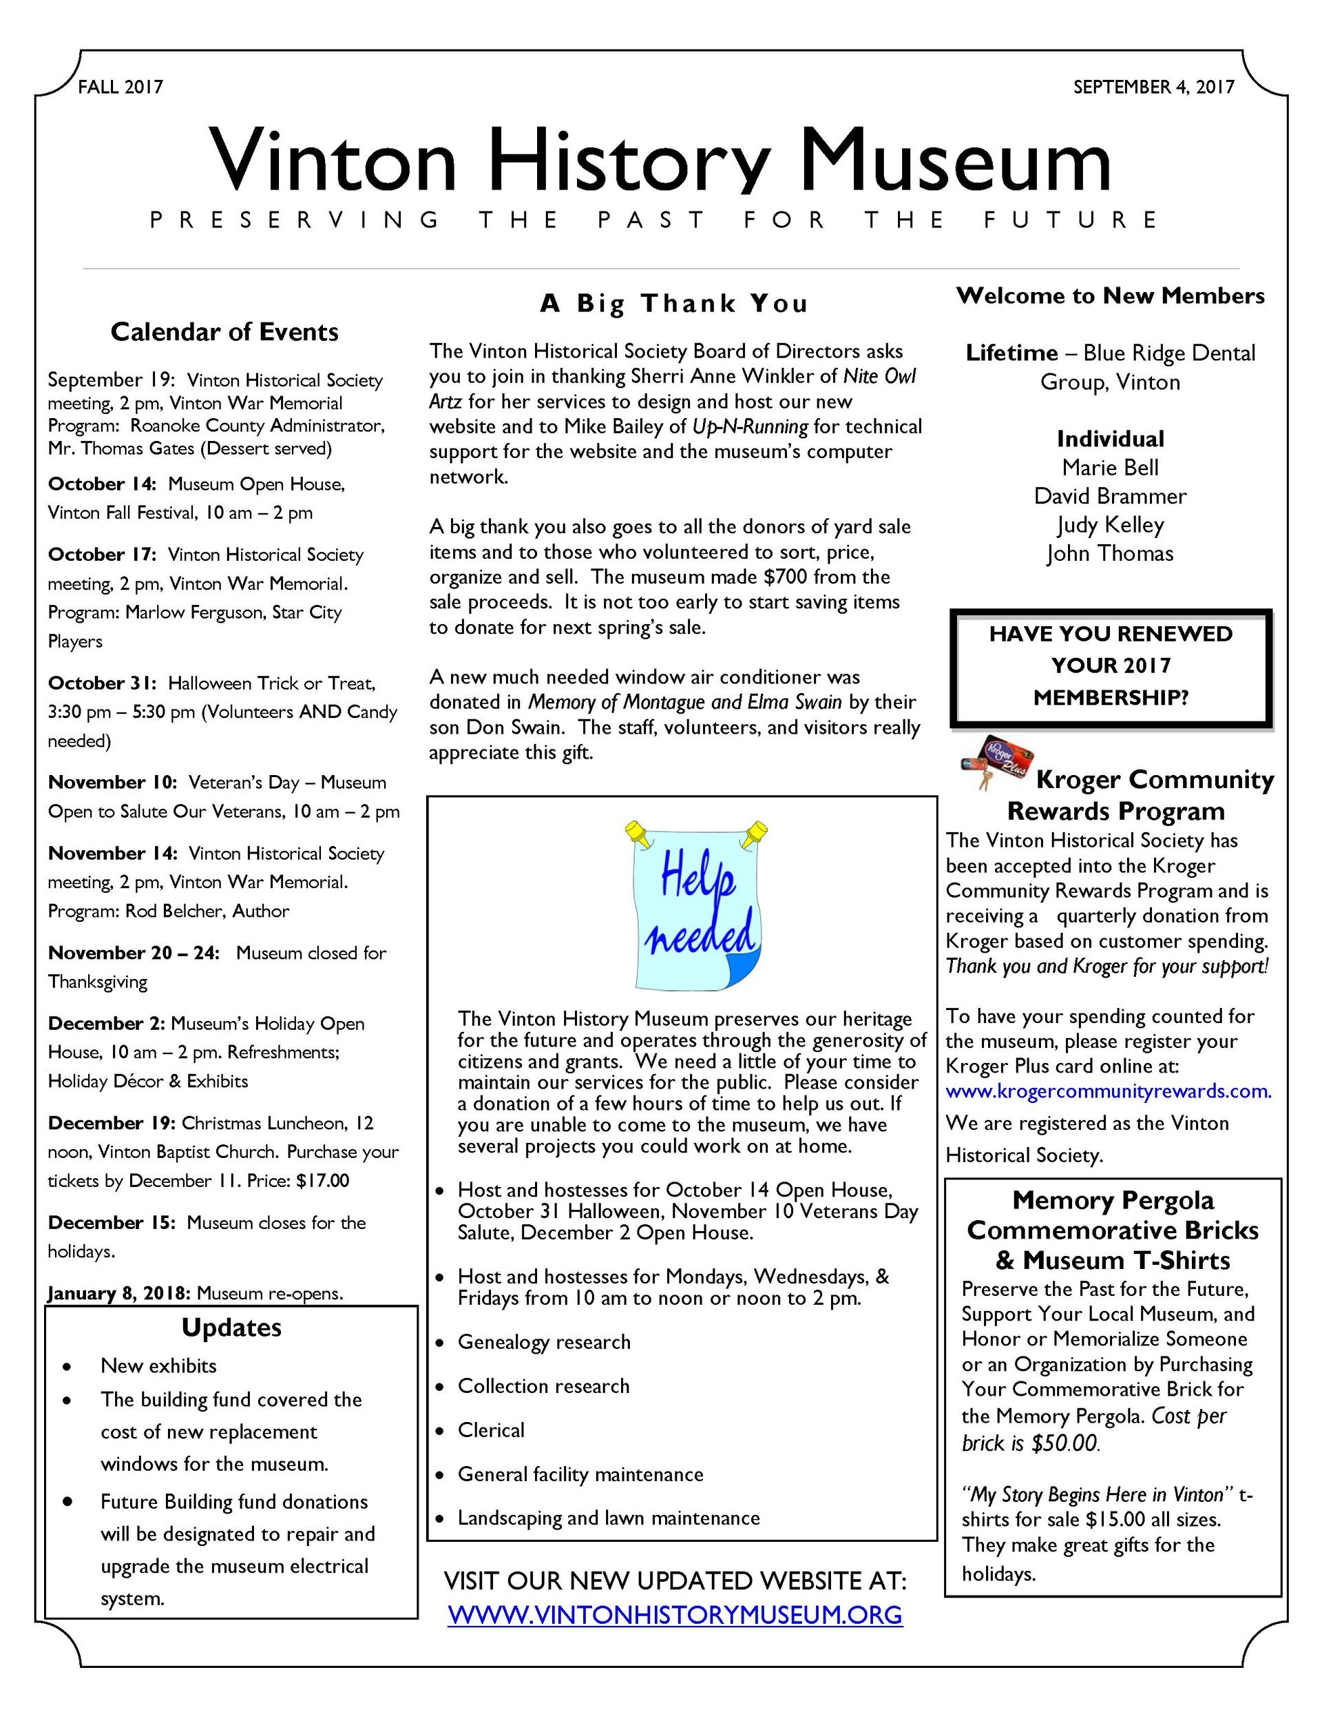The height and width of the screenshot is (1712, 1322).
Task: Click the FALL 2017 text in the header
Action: tap(120, 87)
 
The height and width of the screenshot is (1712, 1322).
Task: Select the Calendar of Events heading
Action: tap(224, 331)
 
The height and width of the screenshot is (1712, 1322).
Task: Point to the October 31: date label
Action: tap(102, 683)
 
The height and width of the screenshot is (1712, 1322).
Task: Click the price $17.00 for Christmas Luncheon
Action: tap(323, 1181)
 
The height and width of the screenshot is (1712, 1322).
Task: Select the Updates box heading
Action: tap(231, 1327)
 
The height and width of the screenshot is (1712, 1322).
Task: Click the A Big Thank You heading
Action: tap(673, 302)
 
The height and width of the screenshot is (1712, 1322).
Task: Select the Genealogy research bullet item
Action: tap(544, 1341)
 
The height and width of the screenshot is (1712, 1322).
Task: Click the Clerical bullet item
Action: tap(490, 1430)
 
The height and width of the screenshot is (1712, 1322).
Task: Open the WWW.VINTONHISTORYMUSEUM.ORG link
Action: tap(675, 1615)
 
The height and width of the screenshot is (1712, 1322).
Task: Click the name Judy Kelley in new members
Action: tap(1110, 524)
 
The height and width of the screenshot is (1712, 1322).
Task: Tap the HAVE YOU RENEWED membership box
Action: tap(1110, 666)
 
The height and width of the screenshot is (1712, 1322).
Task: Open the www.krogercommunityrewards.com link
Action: tap(1108, 1091)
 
